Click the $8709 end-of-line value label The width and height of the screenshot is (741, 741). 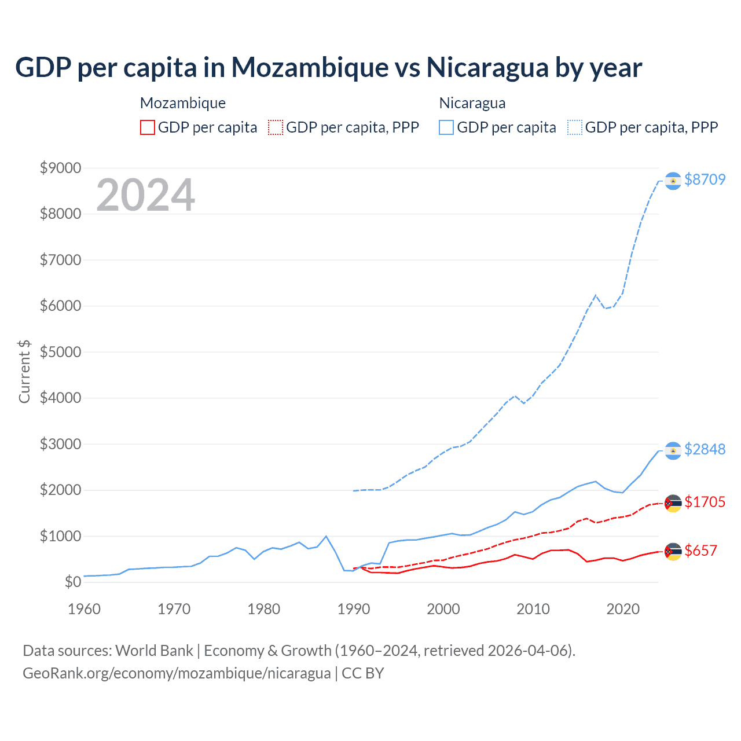tap(705, 179)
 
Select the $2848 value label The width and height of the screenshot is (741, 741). tap(705, 449)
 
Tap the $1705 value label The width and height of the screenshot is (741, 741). tap(705, 502)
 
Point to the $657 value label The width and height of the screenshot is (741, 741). tap(700, 551)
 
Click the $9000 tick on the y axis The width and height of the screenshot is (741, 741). tap(60, 168)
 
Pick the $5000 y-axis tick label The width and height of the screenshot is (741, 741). tap(60, 352)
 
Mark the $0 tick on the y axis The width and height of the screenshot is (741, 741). tap(73, 582)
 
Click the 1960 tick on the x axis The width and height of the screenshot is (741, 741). tap(85, 609)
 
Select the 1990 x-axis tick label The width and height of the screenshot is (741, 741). tap(354, 609)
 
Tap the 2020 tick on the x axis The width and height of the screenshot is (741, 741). tap(623, 609)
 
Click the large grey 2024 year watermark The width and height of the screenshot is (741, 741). tap(145, 195)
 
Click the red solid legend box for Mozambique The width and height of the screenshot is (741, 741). tap(148, 127)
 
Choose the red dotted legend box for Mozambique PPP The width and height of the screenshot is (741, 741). tap(276, 127)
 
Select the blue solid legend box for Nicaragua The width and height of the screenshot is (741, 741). tap(446, 127)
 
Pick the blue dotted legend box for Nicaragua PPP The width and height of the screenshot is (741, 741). tap(575, 127)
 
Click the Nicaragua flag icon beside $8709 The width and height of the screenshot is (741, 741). tap(673, 181)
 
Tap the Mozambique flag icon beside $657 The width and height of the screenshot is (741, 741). tap(673, 552)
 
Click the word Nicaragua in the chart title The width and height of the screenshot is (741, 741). tap(487, 68)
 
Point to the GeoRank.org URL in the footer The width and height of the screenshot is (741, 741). tap(177, 673)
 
